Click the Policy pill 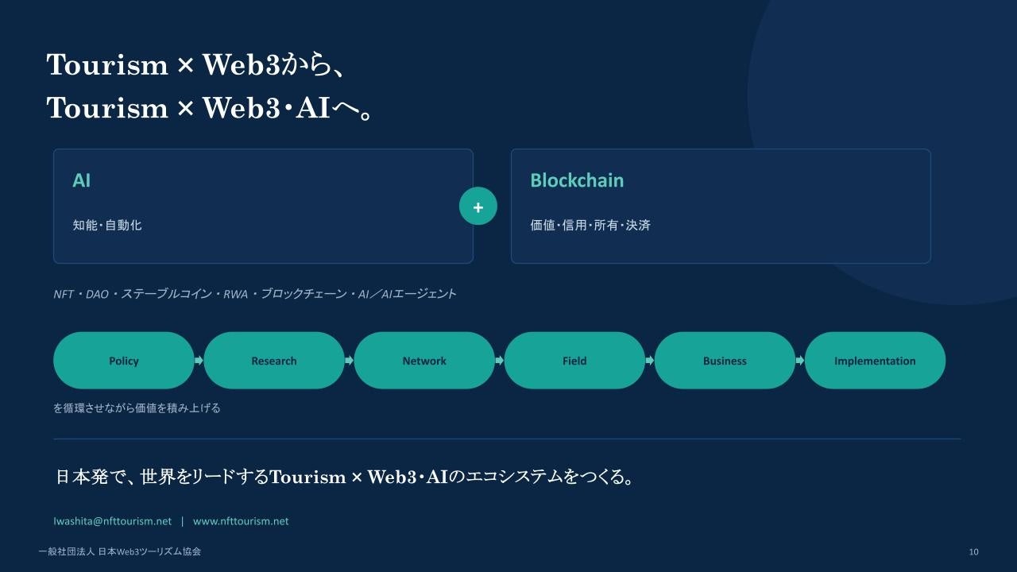(123, 361)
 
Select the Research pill (274, 361)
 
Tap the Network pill (424, 361)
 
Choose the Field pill (574, 361)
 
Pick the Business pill (725, 361)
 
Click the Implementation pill (875, 361)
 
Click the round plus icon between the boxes (478, 206)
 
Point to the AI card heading (82, 180)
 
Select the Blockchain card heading (577, 180)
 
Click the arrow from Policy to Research (199, 361)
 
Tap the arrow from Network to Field (500, 361)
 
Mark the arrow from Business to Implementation (800, 361)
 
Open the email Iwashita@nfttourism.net (113, 521)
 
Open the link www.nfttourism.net (241, 521)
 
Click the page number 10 (973, 551)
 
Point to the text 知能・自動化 (107, 225)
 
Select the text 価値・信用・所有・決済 (590, 225)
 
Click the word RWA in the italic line (235, 295)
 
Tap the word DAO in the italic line (97, 295)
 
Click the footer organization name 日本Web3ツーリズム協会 (149, 551)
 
